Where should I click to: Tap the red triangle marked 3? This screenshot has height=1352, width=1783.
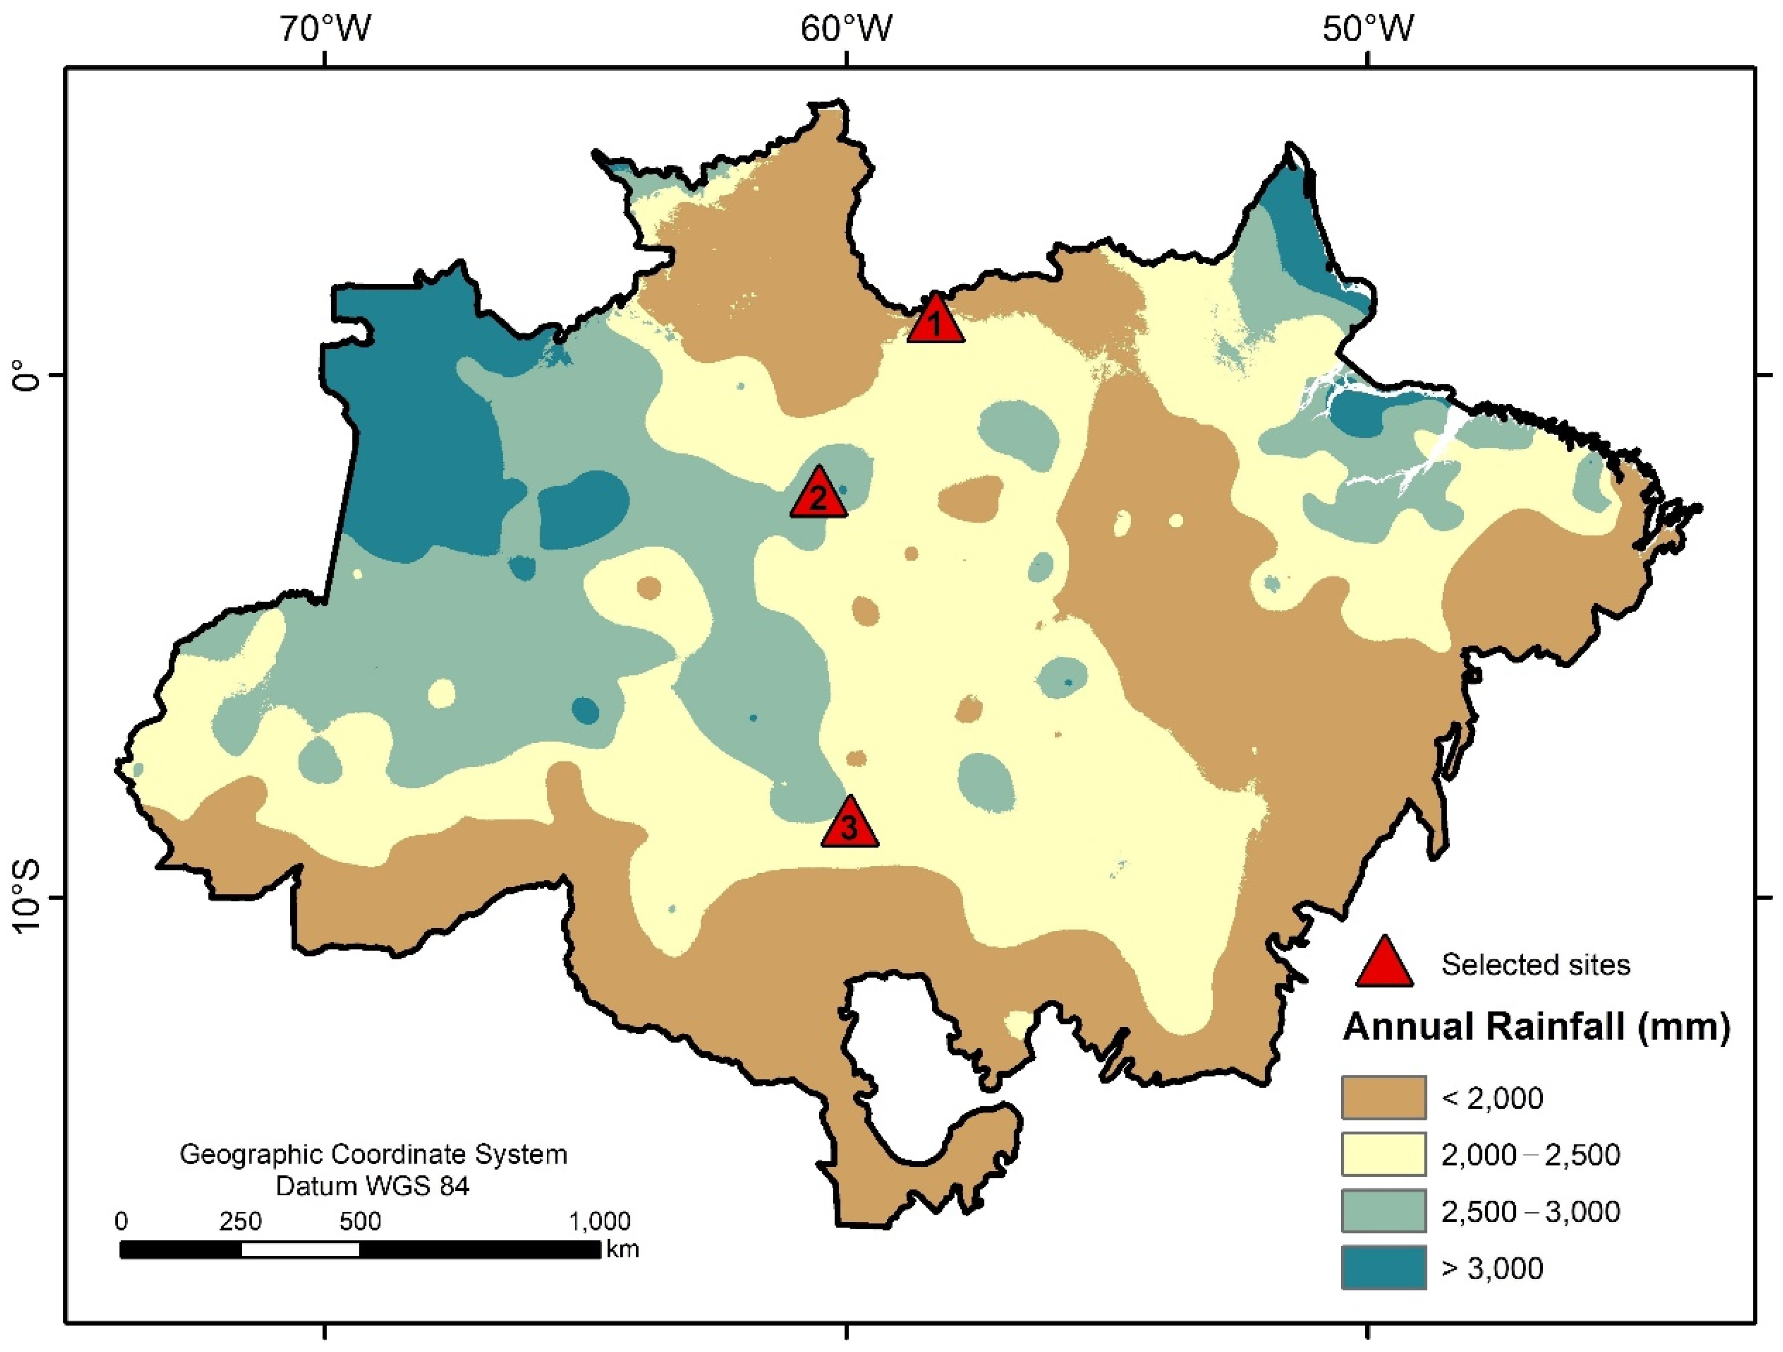click(x=849, y=826)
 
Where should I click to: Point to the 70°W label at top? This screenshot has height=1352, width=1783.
click(x=325, y=30)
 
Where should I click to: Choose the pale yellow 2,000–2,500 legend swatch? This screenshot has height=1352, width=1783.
click(x=1383, y=1154)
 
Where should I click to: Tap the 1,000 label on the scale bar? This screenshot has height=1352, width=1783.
click(x=600, y=1222)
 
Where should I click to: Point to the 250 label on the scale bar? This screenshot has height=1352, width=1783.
click(x=240, y=1222)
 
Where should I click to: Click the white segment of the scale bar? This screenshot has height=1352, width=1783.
click(x=300, y=1250)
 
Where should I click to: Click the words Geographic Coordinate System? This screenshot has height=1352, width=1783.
click(x=373, y=1154)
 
